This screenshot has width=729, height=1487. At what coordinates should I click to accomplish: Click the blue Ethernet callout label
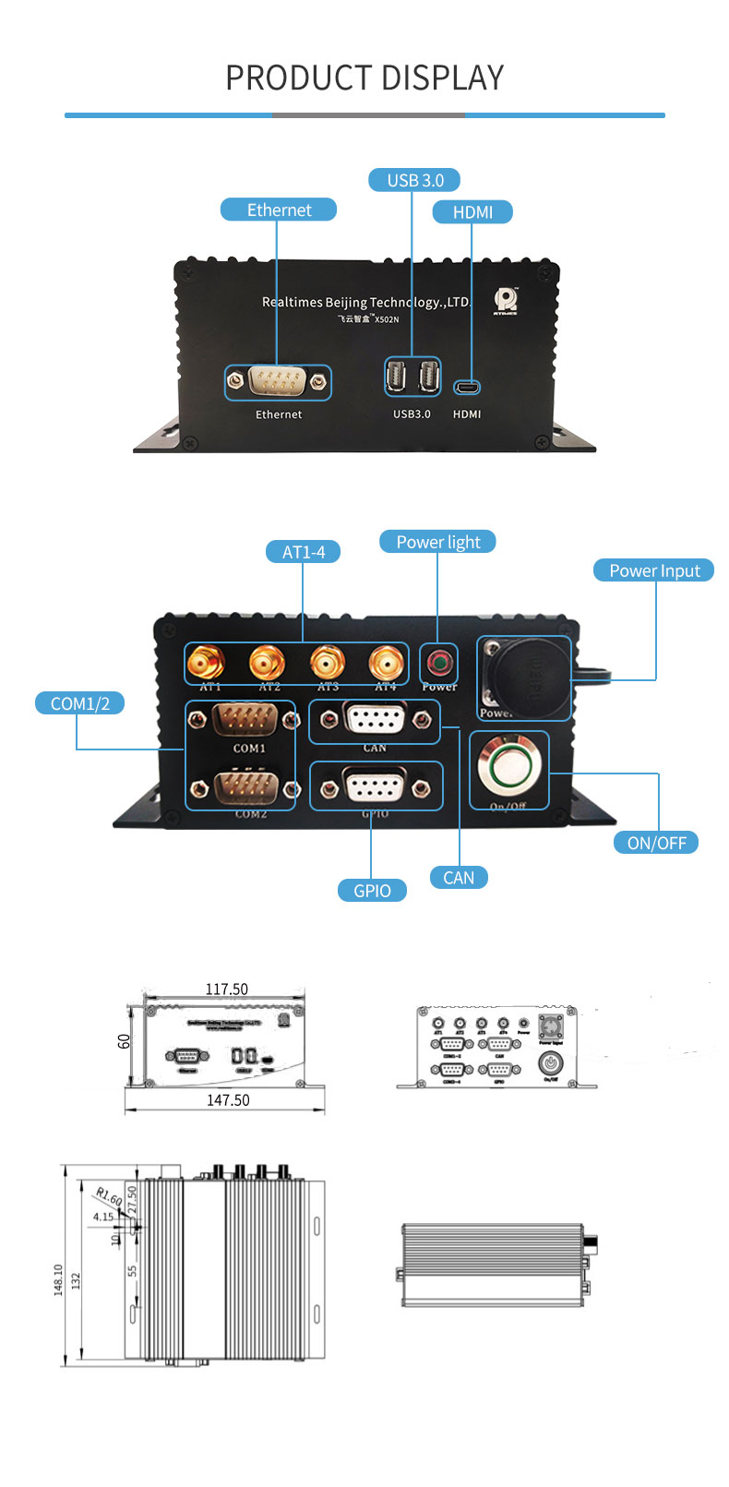coord(279,210)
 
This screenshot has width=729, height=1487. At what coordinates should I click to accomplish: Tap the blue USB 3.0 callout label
coord(414,180)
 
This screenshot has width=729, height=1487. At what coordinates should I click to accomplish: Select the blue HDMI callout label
coord(472,212)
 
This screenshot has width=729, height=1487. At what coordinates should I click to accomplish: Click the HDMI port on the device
coord(467,387)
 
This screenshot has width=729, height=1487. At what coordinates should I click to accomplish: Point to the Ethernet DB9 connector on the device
coord(278,381)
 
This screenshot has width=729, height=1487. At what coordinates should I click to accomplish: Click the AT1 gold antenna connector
coord(207,663)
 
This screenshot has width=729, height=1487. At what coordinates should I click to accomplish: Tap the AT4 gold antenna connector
coord(387,663)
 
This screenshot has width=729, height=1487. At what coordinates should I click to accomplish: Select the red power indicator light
coord(438,662)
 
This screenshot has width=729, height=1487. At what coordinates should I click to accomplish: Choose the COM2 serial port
coord(242,787)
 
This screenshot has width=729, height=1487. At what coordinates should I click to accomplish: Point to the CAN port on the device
coord(374,719)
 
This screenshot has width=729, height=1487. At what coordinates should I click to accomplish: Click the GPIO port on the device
coord(374,787)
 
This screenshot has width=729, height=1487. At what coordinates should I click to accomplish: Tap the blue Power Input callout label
coord(654,570)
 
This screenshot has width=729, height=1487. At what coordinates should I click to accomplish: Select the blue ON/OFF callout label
coord(656,843)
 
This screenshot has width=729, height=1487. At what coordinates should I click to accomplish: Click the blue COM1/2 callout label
coord(80,703)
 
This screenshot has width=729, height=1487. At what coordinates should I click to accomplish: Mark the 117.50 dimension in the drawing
coord(226,989)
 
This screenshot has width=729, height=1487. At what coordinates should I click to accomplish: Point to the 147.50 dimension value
coord(228,1100)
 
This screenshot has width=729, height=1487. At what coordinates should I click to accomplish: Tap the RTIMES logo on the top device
coord(506,301)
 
